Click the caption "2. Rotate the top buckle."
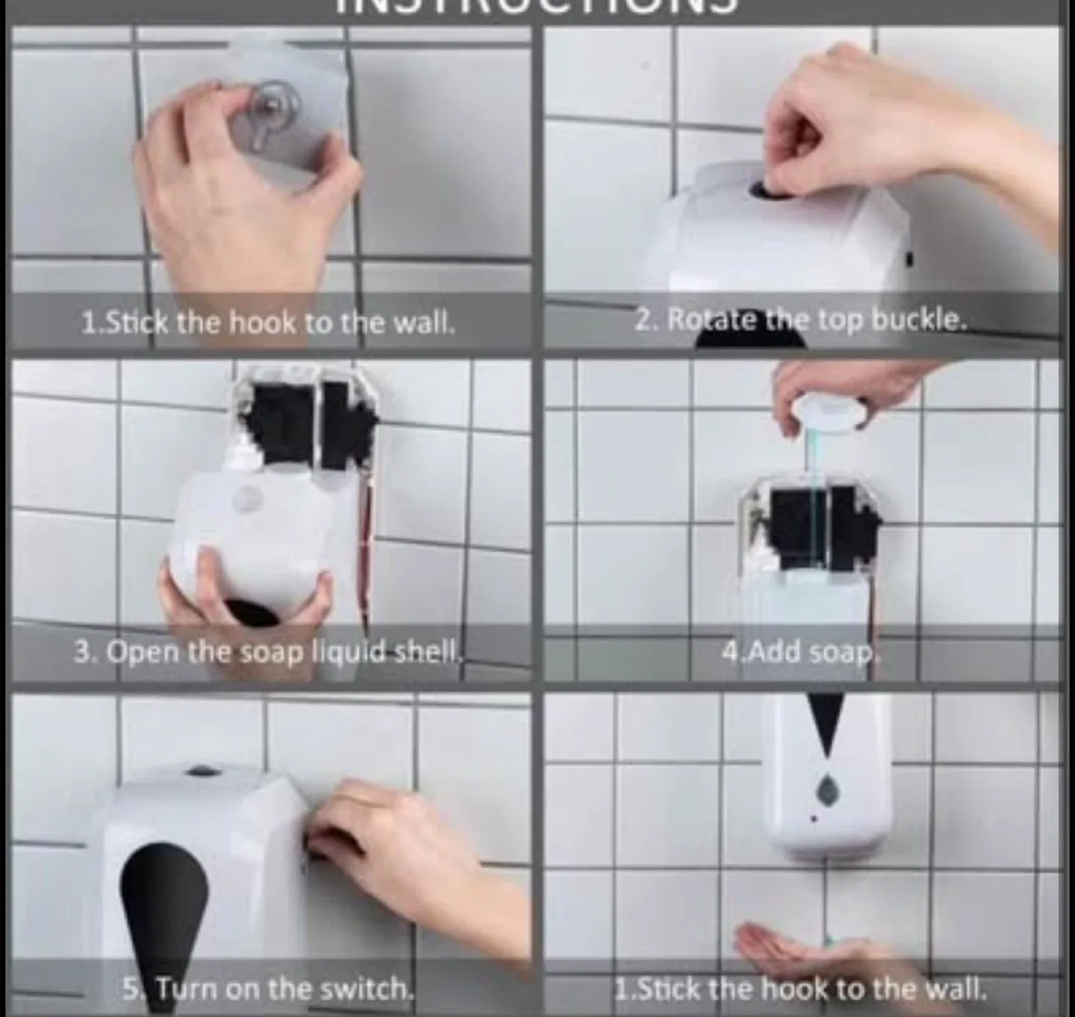click(800, 320)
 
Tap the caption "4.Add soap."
click(800, 651)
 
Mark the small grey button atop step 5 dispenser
click(197, 770)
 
